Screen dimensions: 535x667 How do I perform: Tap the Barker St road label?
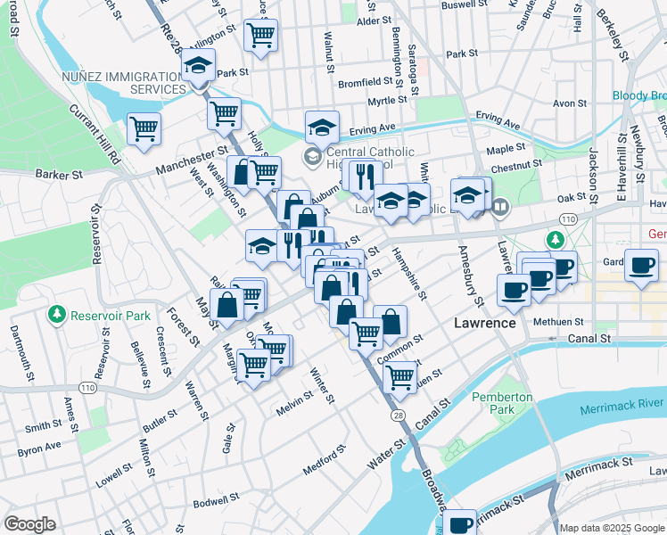point(59,175)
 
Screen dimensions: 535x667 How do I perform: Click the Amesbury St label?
point(465,273)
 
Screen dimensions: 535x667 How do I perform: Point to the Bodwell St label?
point(217,501)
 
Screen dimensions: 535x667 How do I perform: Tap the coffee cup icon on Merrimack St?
point(460,523)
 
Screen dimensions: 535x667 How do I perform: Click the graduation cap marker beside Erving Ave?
point(322,128)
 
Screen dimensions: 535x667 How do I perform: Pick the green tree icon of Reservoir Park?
point(58,315)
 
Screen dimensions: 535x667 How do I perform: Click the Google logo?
point(30,524)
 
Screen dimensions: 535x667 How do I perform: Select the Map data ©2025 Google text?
point(611,528)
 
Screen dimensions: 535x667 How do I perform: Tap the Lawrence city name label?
point(484,322)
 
